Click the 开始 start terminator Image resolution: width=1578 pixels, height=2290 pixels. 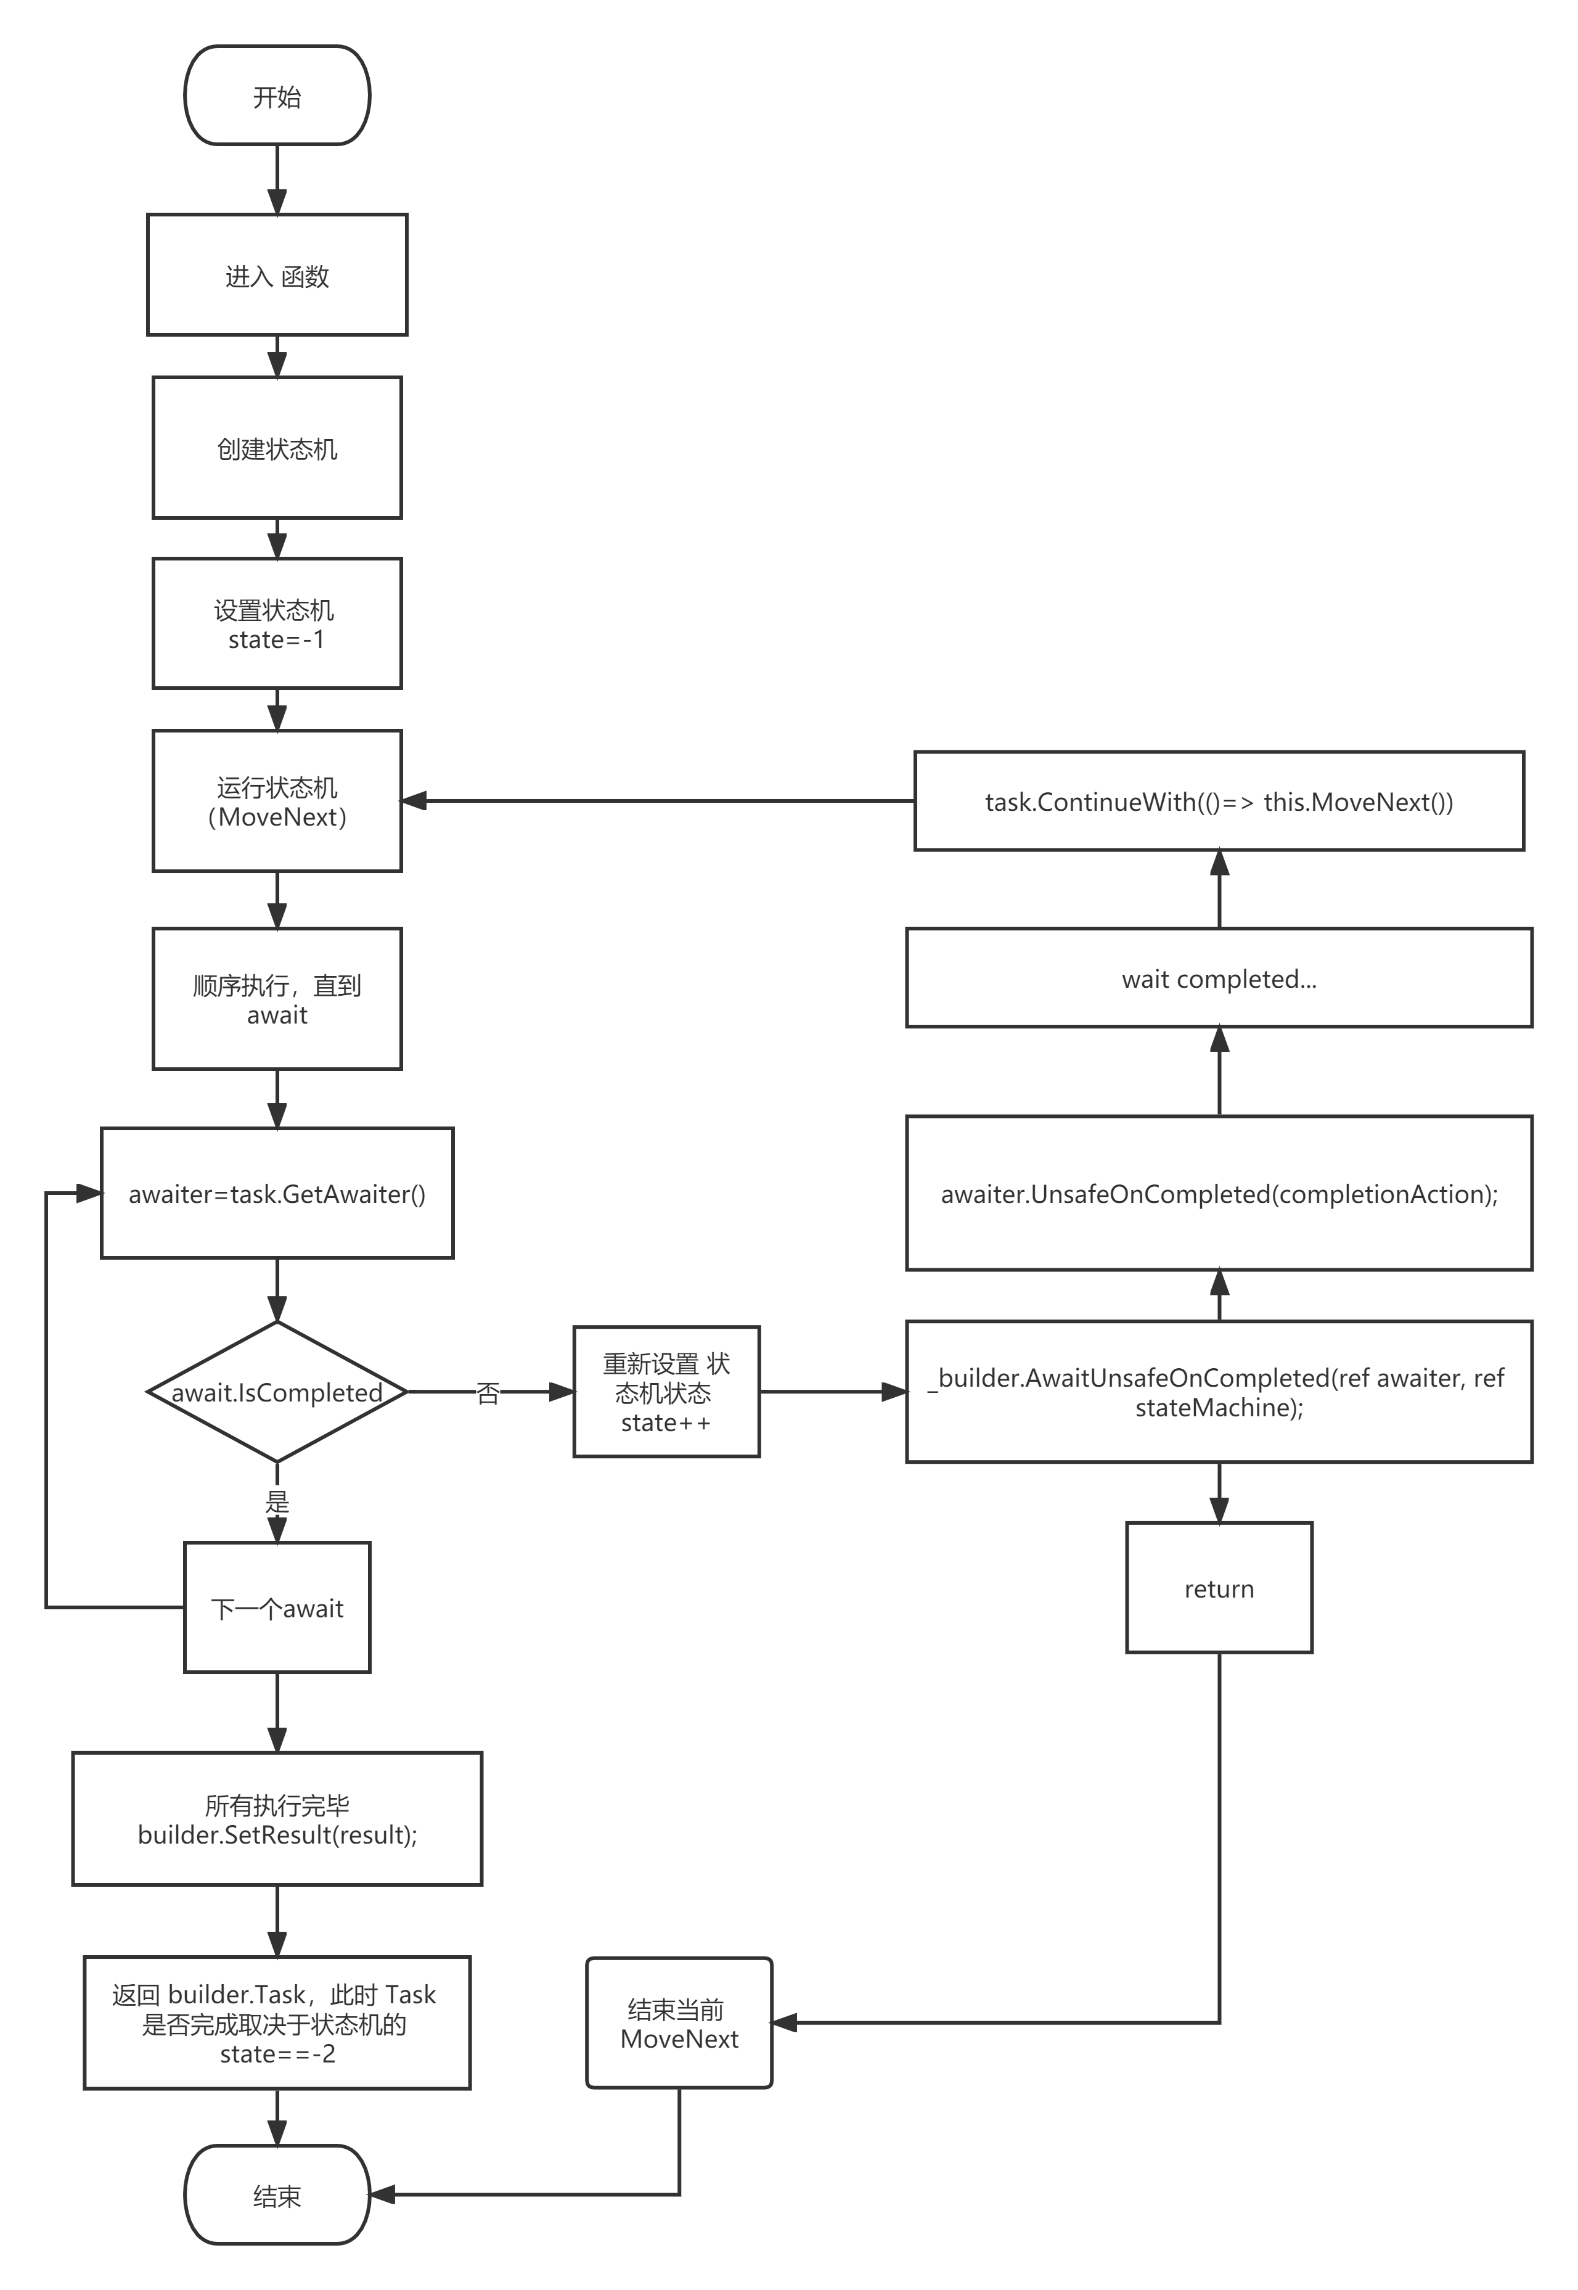277,96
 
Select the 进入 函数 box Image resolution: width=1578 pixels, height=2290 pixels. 277,275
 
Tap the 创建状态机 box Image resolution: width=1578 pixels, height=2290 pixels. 277,448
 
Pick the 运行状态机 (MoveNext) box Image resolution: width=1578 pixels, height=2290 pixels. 277,801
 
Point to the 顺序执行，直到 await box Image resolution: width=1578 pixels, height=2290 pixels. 277,999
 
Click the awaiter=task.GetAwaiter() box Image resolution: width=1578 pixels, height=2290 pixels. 277,1194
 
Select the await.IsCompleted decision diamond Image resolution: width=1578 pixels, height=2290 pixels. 277,1392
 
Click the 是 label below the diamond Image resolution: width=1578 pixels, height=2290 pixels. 277,1501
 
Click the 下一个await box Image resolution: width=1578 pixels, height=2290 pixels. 277,1607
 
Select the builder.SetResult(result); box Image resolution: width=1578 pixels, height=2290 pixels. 277,1820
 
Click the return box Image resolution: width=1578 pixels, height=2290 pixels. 1219,1588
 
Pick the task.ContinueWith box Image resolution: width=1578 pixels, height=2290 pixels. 1219,801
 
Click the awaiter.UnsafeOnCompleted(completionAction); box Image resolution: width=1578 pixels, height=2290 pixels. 1219,1194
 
